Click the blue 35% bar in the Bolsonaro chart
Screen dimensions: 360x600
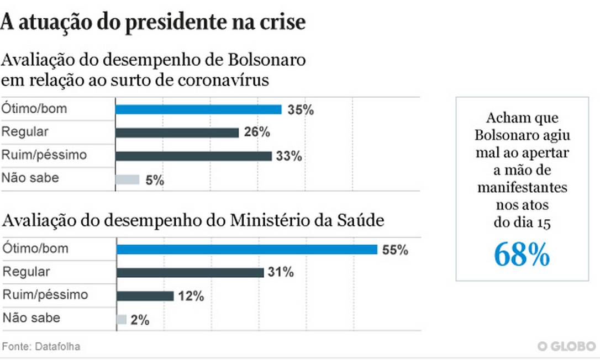click(x=198, y=109)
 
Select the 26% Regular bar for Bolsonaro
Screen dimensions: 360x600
click(x=177, y=133)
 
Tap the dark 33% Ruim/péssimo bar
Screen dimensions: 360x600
click(x=193, y=156)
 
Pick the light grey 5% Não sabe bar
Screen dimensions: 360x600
click(x=127, y=179)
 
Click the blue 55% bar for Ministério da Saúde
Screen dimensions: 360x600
click(x=246, y=250)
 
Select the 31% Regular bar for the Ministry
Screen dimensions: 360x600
click(x=190, y=272)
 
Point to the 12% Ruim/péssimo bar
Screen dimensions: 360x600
click(x=145, y=296)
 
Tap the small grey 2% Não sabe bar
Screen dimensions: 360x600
click(x=122, y=319)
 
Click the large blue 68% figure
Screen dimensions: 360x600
click(x=522, y=254)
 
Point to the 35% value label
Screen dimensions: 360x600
click(x=301, y=110)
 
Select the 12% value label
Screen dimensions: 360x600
click(x=191, y=297)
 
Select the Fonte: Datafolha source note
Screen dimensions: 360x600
click(x=41, y=347)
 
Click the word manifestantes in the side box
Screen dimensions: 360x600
click(x=522, y=188)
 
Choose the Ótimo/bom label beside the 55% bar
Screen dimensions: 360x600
click(x=35, y=248)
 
